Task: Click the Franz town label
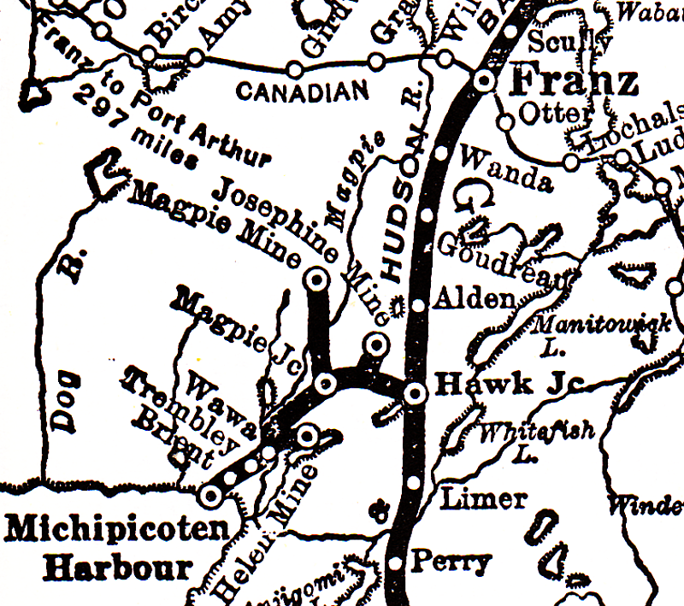click(x=574, y=83)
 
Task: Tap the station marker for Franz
click(x=484, y=81)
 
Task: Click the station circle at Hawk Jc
click(x=415, y=393)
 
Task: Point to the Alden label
click(x=474, y=298)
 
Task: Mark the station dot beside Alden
click(x=418, y=305)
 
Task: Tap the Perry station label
click(x=451, y=562)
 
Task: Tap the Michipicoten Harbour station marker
click(x=209, y=494)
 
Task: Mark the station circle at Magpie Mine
click(x=317, y=278)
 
